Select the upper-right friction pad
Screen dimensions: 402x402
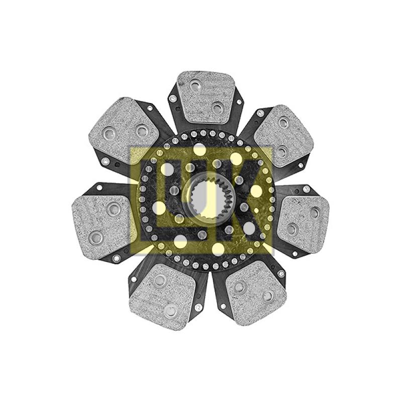click(284, 136)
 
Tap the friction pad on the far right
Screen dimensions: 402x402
click(303, 224)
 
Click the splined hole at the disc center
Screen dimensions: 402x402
click(208, 198)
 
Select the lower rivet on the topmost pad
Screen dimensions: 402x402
click(218, 108)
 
